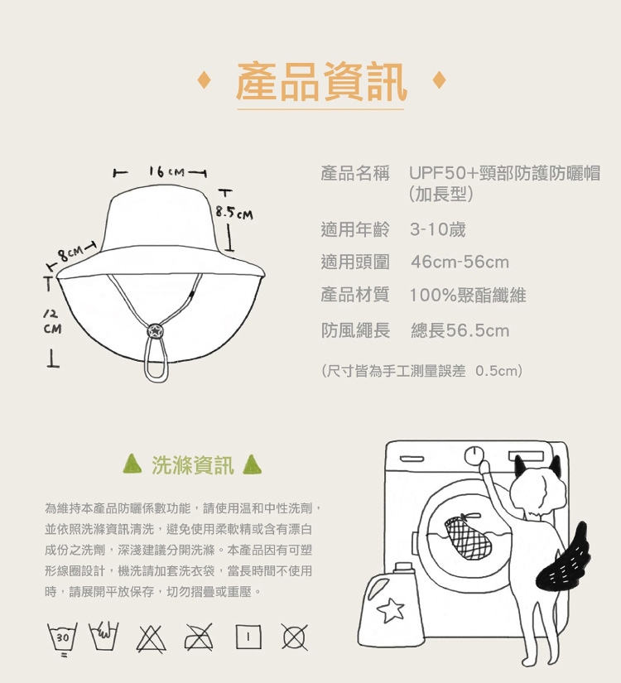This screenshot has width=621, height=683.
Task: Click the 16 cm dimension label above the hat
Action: (166, 172)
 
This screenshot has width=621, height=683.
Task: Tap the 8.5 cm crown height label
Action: (234, 214)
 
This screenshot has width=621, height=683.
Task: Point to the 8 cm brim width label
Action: (71, 253)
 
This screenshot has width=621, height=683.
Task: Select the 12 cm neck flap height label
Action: (52, 321)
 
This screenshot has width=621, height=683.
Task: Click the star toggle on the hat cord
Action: (154, 331)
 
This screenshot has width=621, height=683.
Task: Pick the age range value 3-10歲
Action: (437, 229)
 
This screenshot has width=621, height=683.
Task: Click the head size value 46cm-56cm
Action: (460, 262)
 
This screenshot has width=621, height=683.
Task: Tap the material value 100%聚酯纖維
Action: (468, 296)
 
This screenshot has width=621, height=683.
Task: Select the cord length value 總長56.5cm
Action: (460, 330)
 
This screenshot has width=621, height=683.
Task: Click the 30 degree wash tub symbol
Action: (62, 638)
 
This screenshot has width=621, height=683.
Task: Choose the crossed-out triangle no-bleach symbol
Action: (151, 637)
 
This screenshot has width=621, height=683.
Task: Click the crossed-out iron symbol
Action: (199, 637)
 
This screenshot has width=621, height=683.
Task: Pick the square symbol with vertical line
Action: (248, 637)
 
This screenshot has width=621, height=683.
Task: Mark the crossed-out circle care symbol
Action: (295, 637)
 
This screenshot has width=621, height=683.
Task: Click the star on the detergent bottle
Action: (391, 610)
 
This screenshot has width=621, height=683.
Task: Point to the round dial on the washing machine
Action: (474, 456)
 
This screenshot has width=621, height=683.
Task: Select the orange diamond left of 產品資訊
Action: (204, 79)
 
